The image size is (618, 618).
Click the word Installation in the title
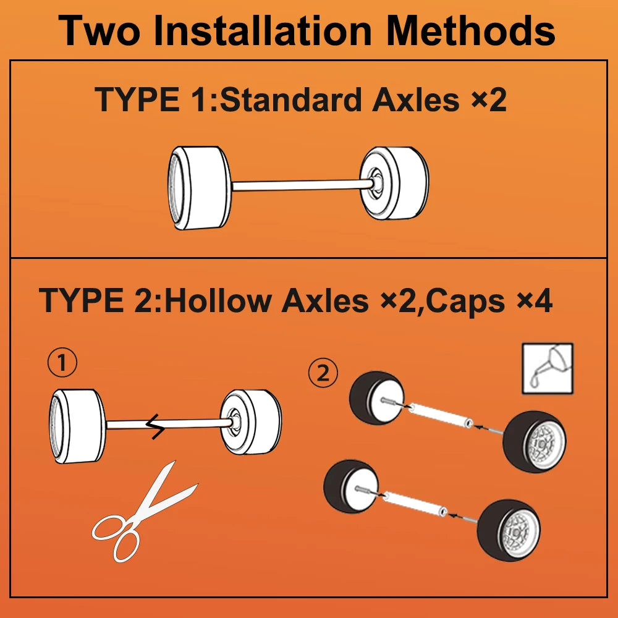263,31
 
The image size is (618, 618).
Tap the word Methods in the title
471,31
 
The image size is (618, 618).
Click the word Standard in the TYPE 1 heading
291,99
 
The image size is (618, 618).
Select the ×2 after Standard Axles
489,99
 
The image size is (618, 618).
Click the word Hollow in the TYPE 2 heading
218,301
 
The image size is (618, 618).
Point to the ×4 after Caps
534,301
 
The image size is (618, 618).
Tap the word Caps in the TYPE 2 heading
465,302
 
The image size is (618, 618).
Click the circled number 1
62,363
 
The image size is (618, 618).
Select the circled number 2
323,373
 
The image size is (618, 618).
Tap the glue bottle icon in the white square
548,368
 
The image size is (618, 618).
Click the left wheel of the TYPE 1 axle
200,188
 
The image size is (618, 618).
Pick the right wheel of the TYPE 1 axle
394,184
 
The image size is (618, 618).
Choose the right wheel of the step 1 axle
251,422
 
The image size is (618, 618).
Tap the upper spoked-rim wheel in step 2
535,441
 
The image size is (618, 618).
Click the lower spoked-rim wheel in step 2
509,530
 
